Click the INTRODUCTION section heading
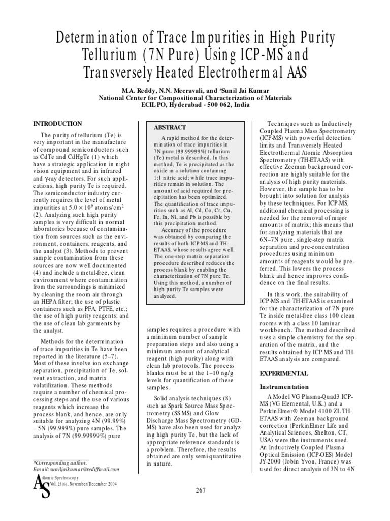[x=57, y=124]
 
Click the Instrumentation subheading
[x=284, y=387]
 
